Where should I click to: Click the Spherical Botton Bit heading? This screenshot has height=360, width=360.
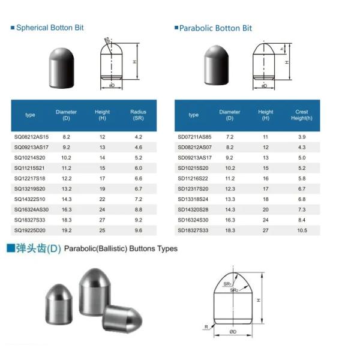coord(50,28)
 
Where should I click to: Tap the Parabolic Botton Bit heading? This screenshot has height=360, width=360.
coord(215,28)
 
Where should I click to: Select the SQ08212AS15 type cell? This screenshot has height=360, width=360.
coord(31,137)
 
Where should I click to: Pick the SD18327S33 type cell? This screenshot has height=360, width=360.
coord(193,230)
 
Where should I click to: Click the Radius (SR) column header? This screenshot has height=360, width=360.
coord(138,115)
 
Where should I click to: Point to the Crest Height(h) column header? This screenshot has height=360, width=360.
coord(302,115)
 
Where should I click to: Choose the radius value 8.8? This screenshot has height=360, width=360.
coord(139,209)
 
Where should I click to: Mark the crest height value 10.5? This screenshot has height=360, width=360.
coord(302,230)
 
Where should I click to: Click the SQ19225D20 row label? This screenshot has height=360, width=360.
coord(29,230)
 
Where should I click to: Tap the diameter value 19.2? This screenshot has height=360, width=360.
coord(67,230)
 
